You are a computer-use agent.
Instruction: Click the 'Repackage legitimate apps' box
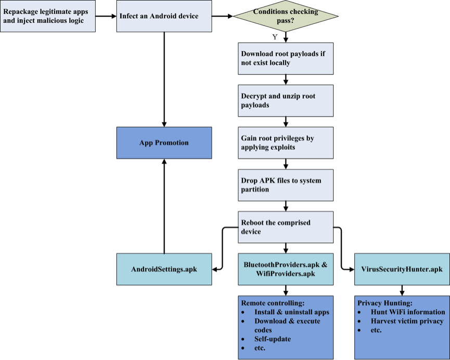48,16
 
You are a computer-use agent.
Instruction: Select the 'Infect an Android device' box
164,16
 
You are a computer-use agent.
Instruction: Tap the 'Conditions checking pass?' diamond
286,16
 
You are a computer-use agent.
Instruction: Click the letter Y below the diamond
275,37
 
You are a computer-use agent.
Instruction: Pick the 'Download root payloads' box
286,59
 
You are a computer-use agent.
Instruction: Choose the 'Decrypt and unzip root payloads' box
286,101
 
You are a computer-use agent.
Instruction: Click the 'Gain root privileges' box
286,143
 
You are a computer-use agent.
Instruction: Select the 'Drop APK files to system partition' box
286,185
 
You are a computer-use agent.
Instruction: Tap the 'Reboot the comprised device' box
286,227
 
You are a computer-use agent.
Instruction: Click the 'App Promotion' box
164,143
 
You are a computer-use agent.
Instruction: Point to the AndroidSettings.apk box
164,269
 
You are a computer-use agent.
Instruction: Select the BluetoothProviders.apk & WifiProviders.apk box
286,269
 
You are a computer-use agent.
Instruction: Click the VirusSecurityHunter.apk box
402,269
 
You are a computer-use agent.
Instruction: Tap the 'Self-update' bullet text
273,339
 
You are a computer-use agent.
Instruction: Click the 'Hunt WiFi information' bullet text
408,312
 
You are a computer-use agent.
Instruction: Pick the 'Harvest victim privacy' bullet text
407,322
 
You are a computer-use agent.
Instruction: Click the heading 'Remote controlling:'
273,303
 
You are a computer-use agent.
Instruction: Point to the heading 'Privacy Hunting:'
385,303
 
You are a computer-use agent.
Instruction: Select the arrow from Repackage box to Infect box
106,16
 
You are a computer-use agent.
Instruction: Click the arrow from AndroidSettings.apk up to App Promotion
164,206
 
